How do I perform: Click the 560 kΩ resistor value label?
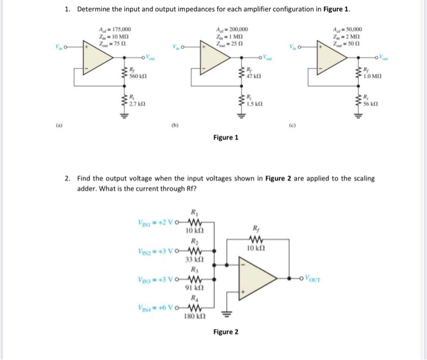point(137,77)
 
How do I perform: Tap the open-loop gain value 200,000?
point(235,30)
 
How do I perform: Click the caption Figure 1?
point(226,137)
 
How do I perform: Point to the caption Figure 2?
point(226,332)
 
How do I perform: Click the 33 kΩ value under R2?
point(193,259)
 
